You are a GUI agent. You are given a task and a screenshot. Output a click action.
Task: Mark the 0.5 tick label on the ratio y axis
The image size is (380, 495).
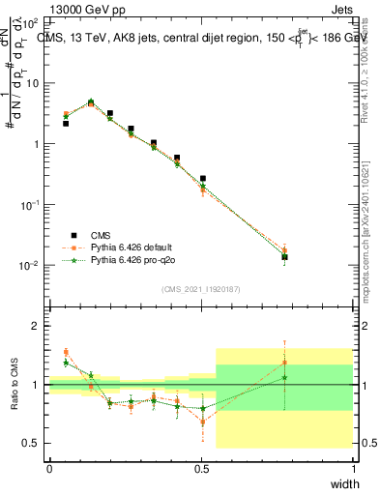(33, 443)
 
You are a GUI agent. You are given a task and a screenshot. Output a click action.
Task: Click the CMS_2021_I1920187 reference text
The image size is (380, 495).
(201, 289)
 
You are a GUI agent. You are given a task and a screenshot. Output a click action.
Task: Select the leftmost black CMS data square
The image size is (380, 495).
(66, 124)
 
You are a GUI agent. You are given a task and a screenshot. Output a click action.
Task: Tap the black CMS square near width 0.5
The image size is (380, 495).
(202, 179)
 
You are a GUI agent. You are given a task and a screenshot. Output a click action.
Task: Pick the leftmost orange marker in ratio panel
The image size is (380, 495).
(66, 352)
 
